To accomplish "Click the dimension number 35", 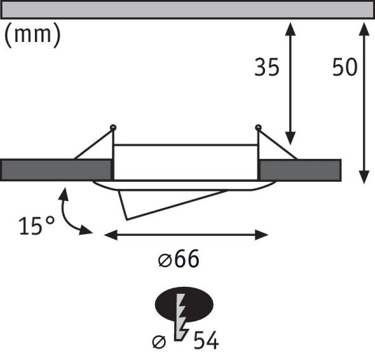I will (267, 67).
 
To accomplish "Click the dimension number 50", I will (345, 67).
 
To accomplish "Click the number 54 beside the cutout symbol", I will (205, 341).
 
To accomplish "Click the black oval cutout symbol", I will (184, 305).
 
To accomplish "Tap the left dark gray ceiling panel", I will (56, 170).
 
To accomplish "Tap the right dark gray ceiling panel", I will (300, 170).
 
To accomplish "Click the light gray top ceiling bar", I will (187, 10).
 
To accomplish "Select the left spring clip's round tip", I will (113, 128).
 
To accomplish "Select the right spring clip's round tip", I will (259, 128).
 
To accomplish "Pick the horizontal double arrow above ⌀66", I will (186, 235).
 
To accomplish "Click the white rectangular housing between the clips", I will (186, 162).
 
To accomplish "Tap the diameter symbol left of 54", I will (160, 342).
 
